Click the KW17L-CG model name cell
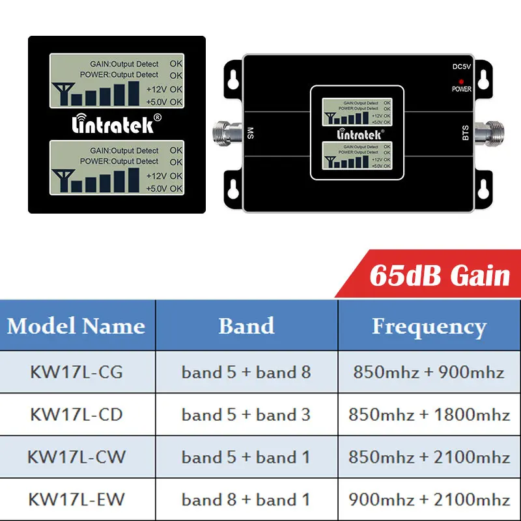point(76,372)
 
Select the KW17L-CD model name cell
point(76,414)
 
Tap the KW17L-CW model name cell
point(76,457)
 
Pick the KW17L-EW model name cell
point(76,500)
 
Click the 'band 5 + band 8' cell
point(246,372)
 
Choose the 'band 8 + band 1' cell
point(246,500)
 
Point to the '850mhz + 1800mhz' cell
point(429,414)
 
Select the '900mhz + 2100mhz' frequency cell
point(429,500)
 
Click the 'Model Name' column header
point(76,325)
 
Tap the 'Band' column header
point(246,325)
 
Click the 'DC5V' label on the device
point(461,67)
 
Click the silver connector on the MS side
point(225,134)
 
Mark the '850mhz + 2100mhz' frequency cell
point(429,457)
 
